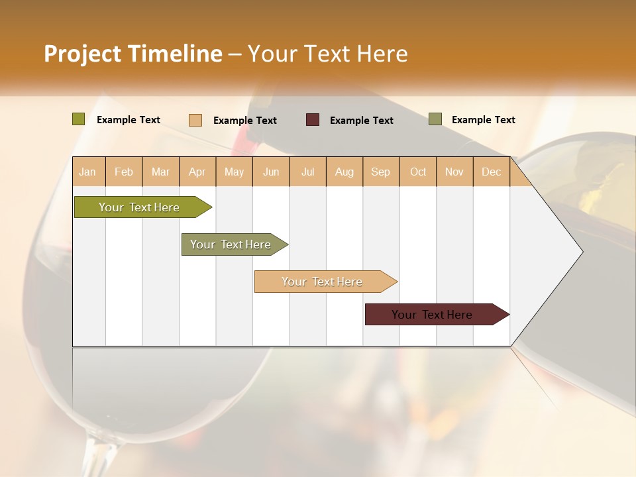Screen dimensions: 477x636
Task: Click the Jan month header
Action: click(87, 172)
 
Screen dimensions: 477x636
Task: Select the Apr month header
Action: click(197, 172)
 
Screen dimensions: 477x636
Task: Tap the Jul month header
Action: click(307, 172)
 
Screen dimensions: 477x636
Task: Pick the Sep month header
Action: click(380, 172)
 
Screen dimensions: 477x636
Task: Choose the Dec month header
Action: click(491, 172)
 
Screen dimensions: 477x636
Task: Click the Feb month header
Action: click(124, 172)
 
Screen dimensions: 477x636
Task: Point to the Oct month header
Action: click(418, 172)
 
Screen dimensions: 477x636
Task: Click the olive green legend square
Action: click(79, 119)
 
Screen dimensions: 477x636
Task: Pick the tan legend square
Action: click(195, 120)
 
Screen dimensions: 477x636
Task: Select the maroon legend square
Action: click(312, 120)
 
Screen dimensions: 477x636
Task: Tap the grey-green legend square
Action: click(435, 119)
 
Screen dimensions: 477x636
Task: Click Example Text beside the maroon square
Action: click(362, 121)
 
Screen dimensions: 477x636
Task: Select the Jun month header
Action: click(271, 172)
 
